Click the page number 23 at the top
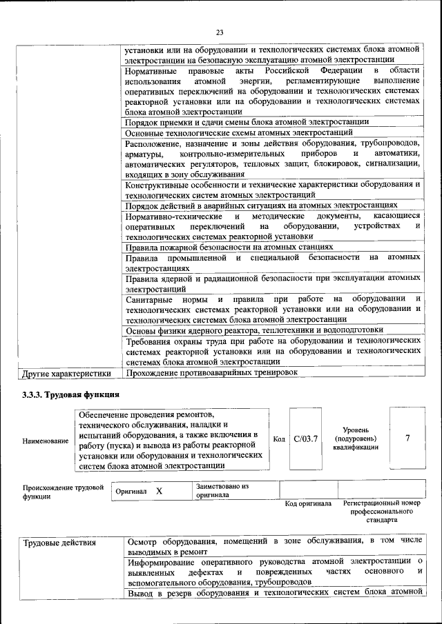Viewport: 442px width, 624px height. pyautogui.click(x=220, y=32)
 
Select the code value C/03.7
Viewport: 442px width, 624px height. pyautogui.click(x=305, y=439)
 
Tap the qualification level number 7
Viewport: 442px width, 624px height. pyautogui.click(x=407, y=439)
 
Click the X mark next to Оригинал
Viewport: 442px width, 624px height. pyautogui.click(x=159, y=491)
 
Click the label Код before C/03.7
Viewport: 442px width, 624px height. pyautogui.click(x=279, y=439)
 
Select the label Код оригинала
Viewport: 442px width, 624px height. pyautogui.click(x=309, y=503)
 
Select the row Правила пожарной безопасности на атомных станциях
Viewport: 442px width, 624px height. pyautogui.click(x=229, y=246)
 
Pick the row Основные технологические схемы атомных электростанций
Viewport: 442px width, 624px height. pyautogui.click(x=239, y=132)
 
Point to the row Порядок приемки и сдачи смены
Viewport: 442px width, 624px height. pyautogui.click(x=247, y=121)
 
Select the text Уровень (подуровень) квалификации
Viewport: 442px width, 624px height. pyautogui.click(x=356, y=439)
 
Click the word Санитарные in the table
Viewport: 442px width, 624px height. pyautogui.click(x=148, y=299)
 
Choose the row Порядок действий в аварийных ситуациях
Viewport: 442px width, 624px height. pyautogui.click(x=261, y=205)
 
